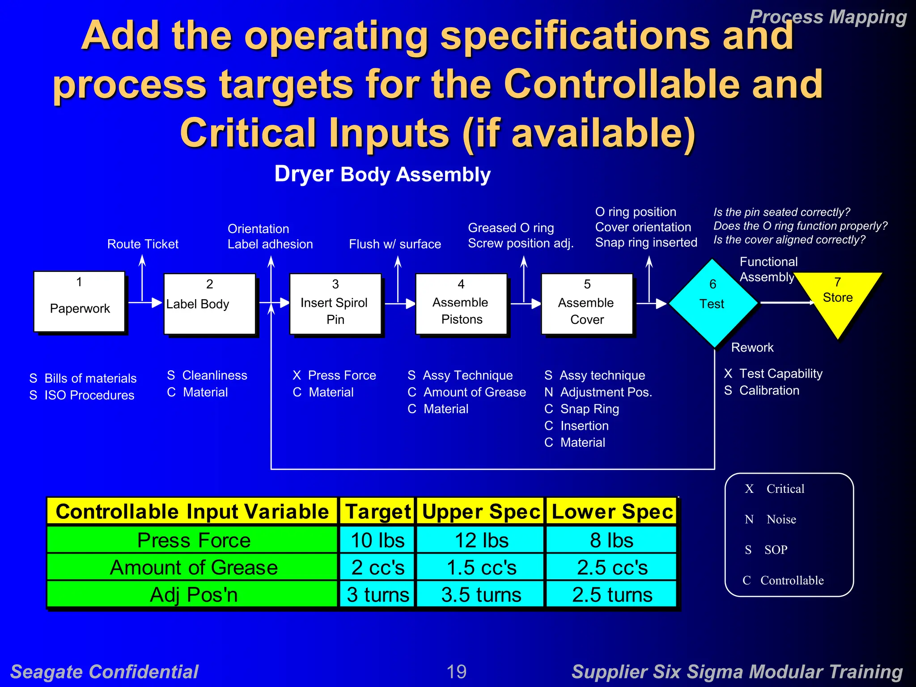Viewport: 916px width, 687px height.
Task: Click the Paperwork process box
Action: pos(80,301)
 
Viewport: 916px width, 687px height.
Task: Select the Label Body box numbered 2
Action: pos(209,304)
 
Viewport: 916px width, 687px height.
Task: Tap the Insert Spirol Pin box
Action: pos(335,304)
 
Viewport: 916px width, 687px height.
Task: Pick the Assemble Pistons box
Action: pos(461,304)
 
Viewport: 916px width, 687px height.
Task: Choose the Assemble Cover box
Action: pos(587,304)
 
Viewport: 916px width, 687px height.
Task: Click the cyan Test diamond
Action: pos(713,303)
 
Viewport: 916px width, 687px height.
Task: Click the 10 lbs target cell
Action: pos(377,540)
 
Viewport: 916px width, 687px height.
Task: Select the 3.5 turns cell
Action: pos(481,594)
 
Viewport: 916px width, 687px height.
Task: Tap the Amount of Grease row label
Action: pos(193,567)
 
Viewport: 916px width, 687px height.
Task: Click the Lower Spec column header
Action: pos(612,511)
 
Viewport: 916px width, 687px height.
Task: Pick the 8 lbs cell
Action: pos(611,540)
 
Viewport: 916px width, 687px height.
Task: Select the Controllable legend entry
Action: pos(791,580)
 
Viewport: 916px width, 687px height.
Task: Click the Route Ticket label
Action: pos(143,244)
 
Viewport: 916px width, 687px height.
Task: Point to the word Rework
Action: pos(752,348)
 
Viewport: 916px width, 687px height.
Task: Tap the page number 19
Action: pos(457,671)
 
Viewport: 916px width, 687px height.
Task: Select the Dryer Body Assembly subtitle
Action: pos(382,174)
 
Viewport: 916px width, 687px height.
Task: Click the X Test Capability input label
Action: pos(773,373)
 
